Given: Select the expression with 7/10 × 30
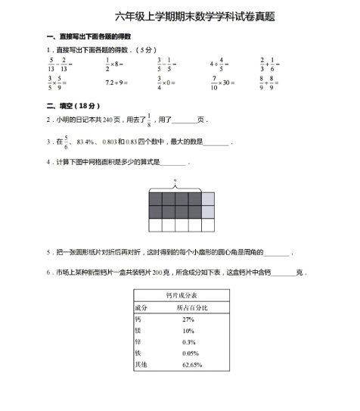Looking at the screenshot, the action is (222, 82).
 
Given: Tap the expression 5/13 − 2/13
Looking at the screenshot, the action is (60, 64).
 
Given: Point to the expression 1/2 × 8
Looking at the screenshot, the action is (117, 64).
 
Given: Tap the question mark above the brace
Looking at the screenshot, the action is (175, 182).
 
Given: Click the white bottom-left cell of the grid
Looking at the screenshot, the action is (156, 226).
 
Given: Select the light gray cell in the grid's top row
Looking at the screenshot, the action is (208, 199).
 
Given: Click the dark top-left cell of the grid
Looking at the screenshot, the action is (156, 199).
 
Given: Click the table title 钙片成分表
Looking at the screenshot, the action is (181, 294).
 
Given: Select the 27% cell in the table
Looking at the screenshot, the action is (188, 319).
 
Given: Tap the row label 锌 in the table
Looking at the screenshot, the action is (138, 342).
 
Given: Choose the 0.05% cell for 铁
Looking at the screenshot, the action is (191, 353).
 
